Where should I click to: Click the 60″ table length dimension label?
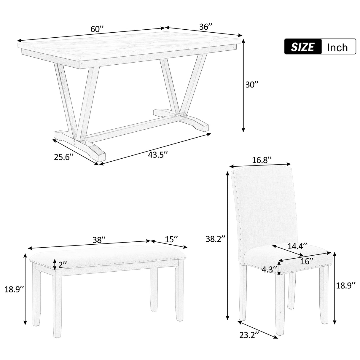(x=97, y=29)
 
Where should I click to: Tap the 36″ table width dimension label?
(x=206, y=26)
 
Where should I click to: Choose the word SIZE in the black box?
(x=302, y=47)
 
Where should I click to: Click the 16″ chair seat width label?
(x=307, y=261)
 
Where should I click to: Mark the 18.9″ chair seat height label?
(x=348, y=286)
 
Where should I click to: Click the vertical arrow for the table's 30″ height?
(x=243, y=86)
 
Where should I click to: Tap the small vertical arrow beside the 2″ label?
(x=55, y=264)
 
